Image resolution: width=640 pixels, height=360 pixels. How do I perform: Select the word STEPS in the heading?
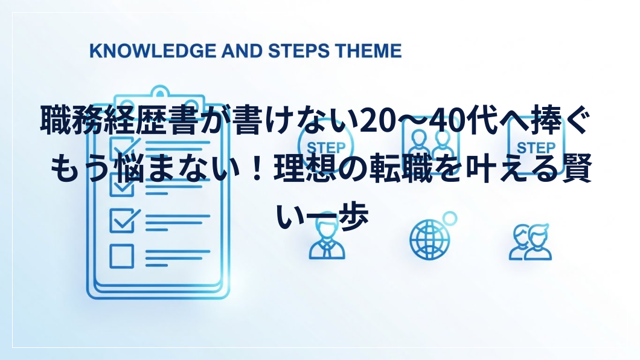coord(299,51)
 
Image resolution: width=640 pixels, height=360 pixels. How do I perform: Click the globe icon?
coord(430,239)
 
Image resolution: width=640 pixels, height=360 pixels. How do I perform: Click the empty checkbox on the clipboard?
coord(121,256)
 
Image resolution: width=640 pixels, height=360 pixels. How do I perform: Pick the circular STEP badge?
coord(325,145)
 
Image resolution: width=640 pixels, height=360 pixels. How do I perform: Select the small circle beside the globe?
coord(449,219)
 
